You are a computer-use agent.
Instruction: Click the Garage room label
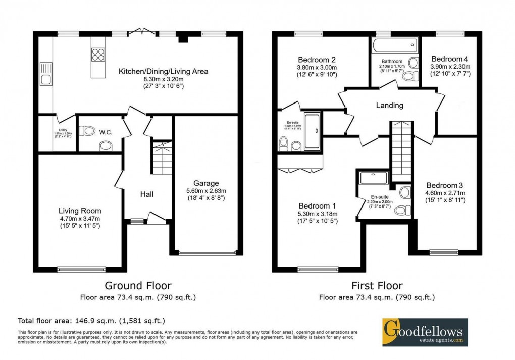205,183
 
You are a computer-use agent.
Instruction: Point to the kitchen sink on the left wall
46,79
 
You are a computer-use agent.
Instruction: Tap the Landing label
389,106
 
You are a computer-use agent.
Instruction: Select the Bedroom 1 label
317,206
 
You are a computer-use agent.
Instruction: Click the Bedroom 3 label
444,185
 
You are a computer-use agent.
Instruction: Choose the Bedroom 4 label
450,59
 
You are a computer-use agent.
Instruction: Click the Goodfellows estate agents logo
425,332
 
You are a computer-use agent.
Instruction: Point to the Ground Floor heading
137,286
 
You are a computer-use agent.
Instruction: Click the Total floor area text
91,321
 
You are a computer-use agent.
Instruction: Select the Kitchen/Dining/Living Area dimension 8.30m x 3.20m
163,79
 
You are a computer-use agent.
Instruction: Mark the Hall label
147,194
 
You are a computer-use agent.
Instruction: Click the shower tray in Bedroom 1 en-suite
374,178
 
